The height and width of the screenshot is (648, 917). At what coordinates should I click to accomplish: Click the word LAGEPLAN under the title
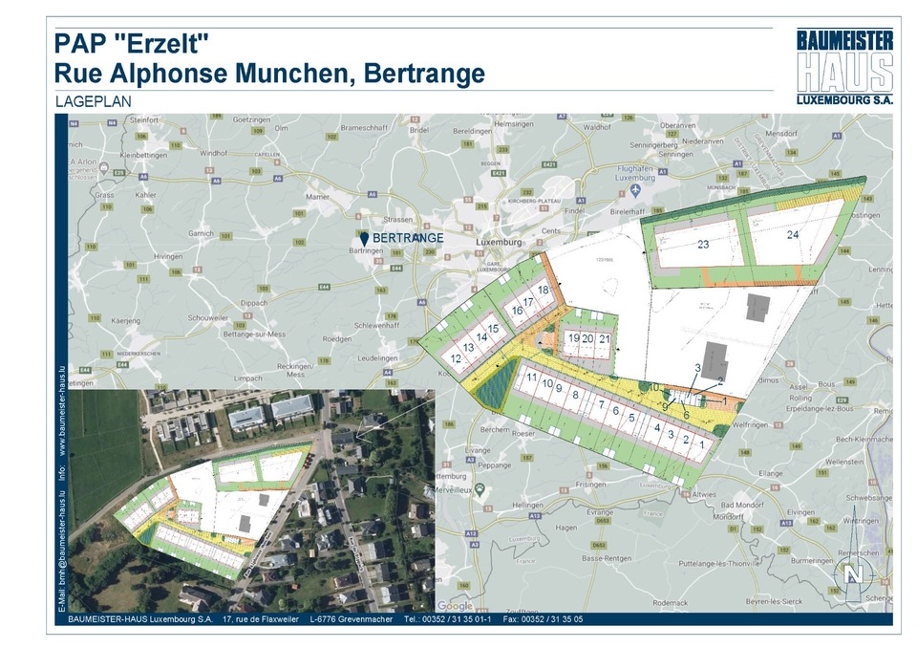(93, 100)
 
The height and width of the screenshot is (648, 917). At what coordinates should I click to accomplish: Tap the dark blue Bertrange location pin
(364, 237)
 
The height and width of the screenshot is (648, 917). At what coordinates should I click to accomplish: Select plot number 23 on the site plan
(703, 245)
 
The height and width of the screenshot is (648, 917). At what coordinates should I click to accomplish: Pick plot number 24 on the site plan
(792, 234)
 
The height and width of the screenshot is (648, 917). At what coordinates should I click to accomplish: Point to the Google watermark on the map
(455, 605)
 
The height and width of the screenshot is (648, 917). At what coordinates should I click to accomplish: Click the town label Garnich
(202, 232)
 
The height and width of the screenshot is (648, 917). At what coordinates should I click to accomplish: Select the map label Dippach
(254, 302)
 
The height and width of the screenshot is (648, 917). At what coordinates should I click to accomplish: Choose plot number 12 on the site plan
(456, 358)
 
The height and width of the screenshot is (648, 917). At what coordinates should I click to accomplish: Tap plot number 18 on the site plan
(543, 290)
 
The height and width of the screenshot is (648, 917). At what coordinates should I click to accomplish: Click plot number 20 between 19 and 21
(588, 338)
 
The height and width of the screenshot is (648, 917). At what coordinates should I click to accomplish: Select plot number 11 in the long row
(531, 377)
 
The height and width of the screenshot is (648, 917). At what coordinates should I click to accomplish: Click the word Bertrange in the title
(420, 74)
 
